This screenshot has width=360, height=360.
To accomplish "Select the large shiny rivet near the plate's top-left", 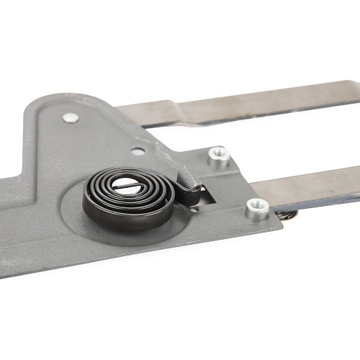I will [70, 117].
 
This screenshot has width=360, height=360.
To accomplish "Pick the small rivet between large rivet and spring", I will [138, 151].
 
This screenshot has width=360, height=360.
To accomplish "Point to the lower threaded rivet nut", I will [257, 209].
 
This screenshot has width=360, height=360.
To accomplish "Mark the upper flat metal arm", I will [259, 104].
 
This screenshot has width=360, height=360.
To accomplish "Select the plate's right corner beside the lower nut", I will [278, 223].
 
